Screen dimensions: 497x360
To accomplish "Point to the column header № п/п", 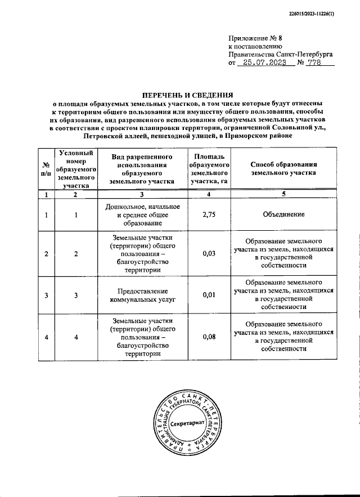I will pos(46,169).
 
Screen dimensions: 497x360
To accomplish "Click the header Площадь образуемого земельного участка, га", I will pos(209,169).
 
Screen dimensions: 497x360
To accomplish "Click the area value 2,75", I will pos(209,214).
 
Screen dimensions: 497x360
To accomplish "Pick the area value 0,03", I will pos(209,254).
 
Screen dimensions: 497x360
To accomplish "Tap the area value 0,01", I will pos(209,295).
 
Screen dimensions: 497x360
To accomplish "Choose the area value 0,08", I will pos(209,337).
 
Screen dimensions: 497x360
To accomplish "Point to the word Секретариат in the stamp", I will pos(187,423).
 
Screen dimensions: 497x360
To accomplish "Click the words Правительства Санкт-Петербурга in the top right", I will pos(280,55).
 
